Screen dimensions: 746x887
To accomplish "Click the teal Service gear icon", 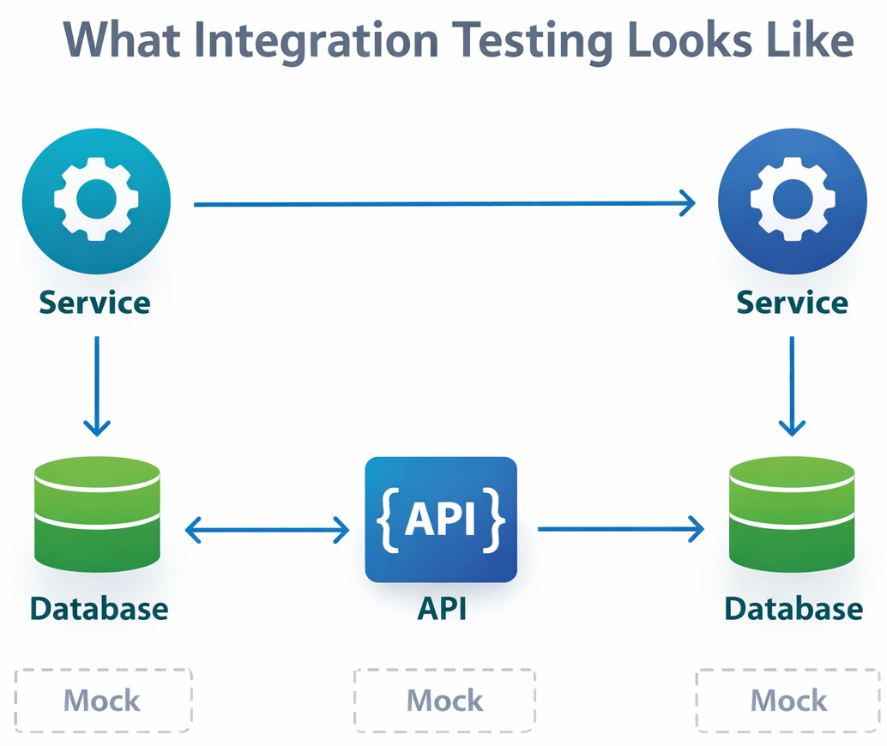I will (96, 200).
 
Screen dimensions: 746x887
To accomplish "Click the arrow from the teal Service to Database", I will (97, 385).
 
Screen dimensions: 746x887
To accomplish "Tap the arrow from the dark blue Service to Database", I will (792, 385).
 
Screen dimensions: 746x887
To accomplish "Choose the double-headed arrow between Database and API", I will (268, 531).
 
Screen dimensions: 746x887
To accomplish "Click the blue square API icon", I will (441, 520).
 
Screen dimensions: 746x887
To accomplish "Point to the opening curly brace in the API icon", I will (387, 519).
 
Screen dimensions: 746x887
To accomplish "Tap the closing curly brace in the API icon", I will (494, 519).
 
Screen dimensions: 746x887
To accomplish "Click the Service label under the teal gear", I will (95, 302).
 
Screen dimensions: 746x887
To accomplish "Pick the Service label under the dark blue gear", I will (793, 302).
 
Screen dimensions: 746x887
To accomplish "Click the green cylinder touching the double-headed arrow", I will (97, 514).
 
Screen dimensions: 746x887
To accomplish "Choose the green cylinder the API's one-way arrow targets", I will (792, 514).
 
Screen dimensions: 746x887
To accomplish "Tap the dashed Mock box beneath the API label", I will (444, 700).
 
